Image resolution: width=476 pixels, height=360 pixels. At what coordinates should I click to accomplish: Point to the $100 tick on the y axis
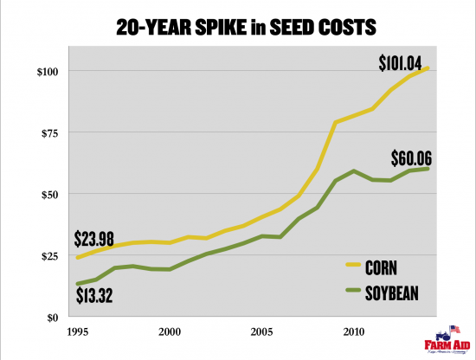(49, 71)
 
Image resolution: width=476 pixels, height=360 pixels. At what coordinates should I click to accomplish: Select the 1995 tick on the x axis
(78, 331)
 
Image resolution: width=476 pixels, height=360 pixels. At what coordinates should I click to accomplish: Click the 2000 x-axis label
(170, 331)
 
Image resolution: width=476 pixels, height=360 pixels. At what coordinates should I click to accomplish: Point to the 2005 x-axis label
(261, 331)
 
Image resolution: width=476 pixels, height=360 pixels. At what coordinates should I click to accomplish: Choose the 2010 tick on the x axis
(353, 331)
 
